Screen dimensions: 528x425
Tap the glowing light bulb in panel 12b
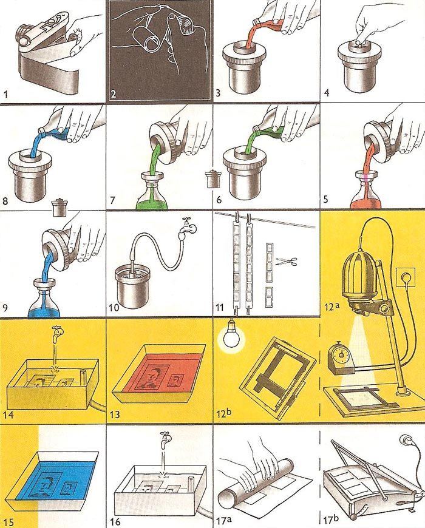(x=231, y=337)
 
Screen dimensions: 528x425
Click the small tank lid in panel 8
(x=59, y=206)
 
